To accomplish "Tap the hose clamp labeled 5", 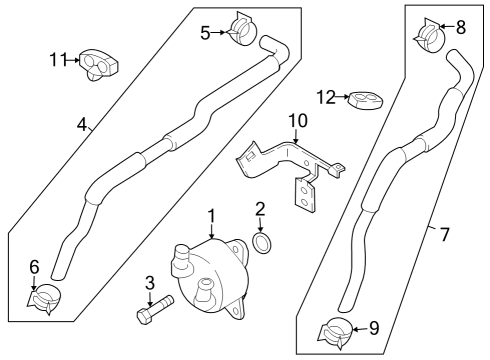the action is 243,29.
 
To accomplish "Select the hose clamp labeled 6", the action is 45,298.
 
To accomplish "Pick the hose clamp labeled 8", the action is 429,36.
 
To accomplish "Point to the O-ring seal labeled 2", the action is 262,242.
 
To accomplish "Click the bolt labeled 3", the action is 155,309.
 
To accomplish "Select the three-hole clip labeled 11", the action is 99,64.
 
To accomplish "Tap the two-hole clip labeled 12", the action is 365,100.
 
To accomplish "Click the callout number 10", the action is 298,121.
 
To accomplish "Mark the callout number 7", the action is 445,234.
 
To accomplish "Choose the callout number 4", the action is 82,125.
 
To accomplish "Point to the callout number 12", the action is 326,97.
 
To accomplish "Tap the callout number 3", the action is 150,283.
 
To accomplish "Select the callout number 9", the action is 374,328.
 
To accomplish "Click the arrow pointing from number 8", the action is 447,26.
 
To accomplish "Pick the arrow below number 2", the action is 260,225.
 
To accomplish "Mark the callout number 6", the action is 34,267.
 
